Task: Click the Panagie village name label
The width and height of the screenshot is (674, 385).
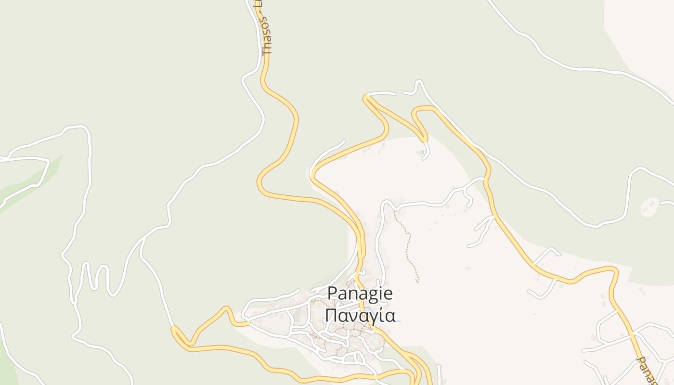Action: click(360, 293)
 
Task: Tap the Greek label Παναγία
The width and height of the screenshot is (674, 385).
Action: click(360, 316)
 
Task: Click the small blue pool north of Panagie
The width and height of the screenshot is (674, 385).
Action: click(423, 152)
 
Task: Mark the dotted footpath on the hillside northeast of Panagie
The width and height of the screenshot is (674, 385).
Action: click(408, 245)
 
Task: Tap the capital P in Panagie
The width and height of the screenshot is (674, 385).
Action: click(332, 293)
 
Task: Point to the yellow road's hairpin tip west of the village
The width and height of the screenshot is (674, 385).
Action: click(174, 330)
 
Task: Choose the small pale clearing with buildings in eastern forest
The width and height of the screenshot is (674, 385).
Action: click(650, 206)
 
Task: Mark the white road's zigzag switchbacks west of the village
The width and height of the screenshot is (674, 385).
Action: click(96, 277)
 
